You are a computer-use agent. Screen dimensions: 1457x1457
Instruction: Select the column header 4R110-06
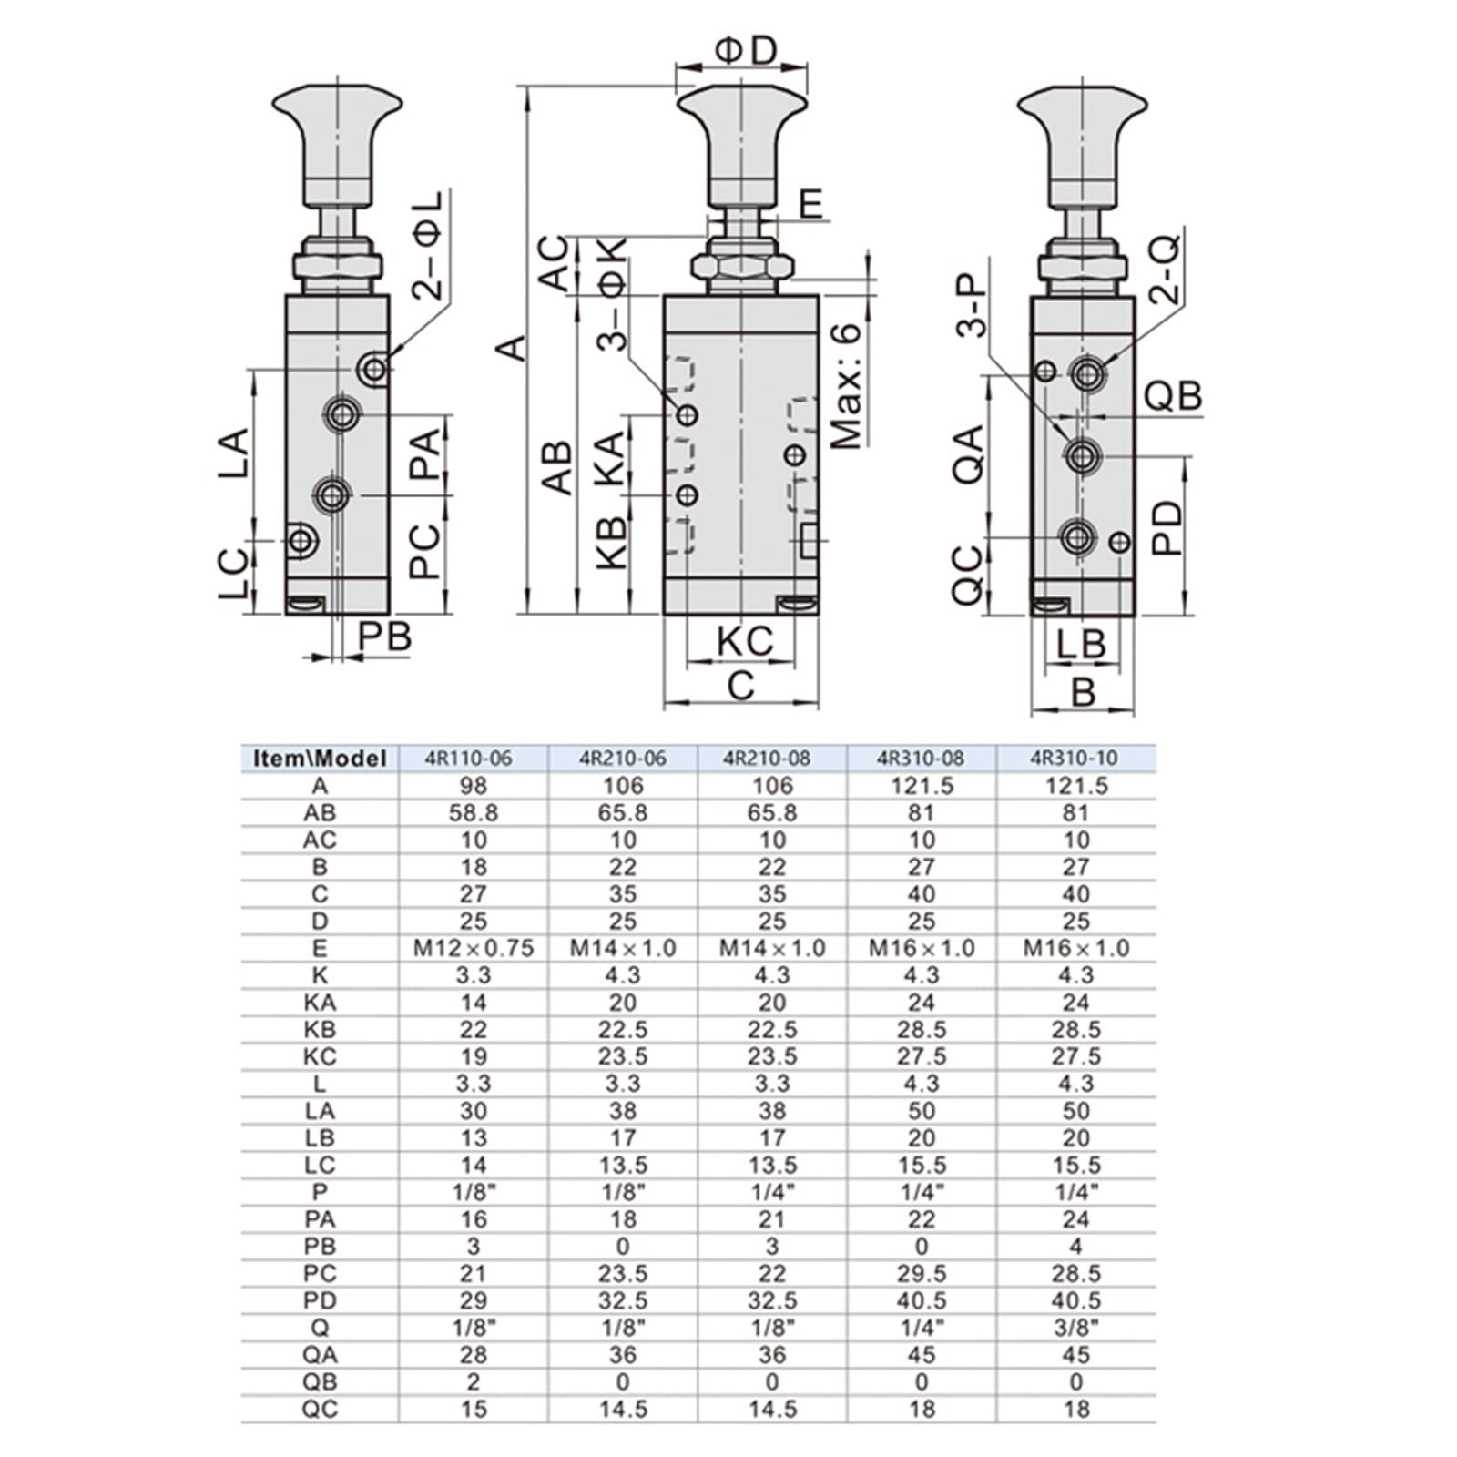point(474,759)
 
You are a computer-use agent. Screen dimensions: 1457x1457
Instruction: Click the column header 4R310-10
point(1075,759)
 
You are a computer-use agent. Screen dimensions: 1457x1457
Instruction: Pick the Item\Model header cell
point(320,759)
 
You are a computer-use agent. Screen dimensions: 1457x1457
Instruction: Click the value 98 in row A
point(474,786)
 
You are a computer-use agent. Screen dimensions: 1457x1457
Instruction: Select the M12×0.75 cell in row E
point(474,948)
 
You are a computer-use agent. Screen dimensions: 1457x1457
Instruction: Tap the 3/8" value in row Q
point(1075,1327)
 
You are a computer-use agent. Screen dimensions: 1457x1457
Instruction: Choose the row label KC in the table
point(320,1056)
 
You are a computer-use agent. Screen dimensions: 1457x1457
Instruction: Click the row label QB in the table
point(320,1381)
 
